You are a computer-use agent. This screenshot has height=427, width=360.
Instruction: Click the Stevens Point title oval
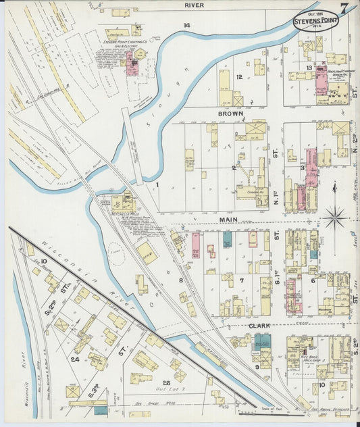tap(316, 20)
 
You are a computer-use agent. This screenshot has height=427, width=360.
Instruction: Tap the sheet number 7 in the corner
tap(345, 8)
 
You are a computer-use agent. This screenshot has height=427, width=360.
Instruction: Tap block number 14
tap(186, 26)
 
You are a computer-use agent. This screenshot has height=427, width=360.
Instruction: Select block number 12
tap(239, 77)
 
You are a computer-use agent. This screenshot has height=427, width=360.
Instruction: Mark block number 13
tap(308, 68)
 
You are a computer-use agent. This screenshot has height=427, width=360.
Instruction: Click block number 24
tap(75, 359)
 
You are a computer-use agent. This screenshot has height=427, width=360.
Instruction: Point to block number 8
tap(181, 279)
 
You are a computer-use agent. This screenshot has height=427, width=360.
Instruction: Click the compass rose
tap(334, 218)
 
